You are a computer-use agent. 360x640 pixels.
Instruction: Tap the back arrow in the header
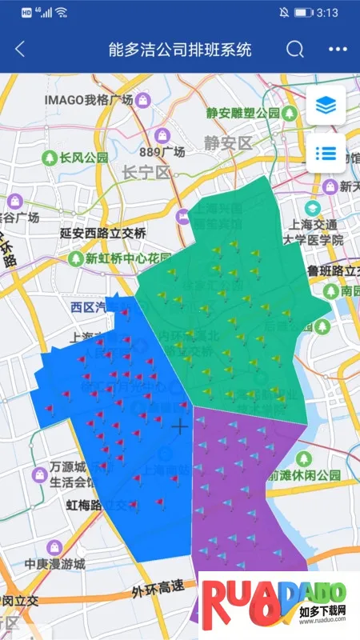(x=20, y=49)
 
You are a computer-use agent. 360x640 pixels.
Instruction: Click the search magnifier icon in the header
(x=295, y=49)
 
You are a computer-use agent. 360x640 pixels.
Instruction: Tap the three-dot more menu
(x=338, y=49)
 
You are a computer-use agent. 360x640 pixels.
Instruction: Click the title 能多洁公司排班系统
(x=180, y=49)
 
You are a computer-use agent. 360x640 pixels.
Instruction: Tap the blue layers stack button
(x=326, y=105)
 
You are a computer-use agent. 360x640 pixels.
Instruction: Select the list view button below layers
(x=326, y=153)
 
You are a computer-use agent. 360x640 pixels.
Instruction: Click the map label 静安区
(x=227, y=144)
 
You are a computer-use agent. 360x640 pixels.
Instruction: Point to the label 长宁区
(x=147, y=172)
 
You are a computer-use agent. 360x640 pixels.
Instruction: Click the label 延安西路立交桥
(x=103, y=234)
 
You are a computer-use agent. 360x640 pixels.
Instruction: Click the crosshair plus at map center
(x=180, y=426)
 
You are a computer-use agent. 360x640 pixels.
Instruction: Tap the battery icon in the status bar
(x=303, y=13)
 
